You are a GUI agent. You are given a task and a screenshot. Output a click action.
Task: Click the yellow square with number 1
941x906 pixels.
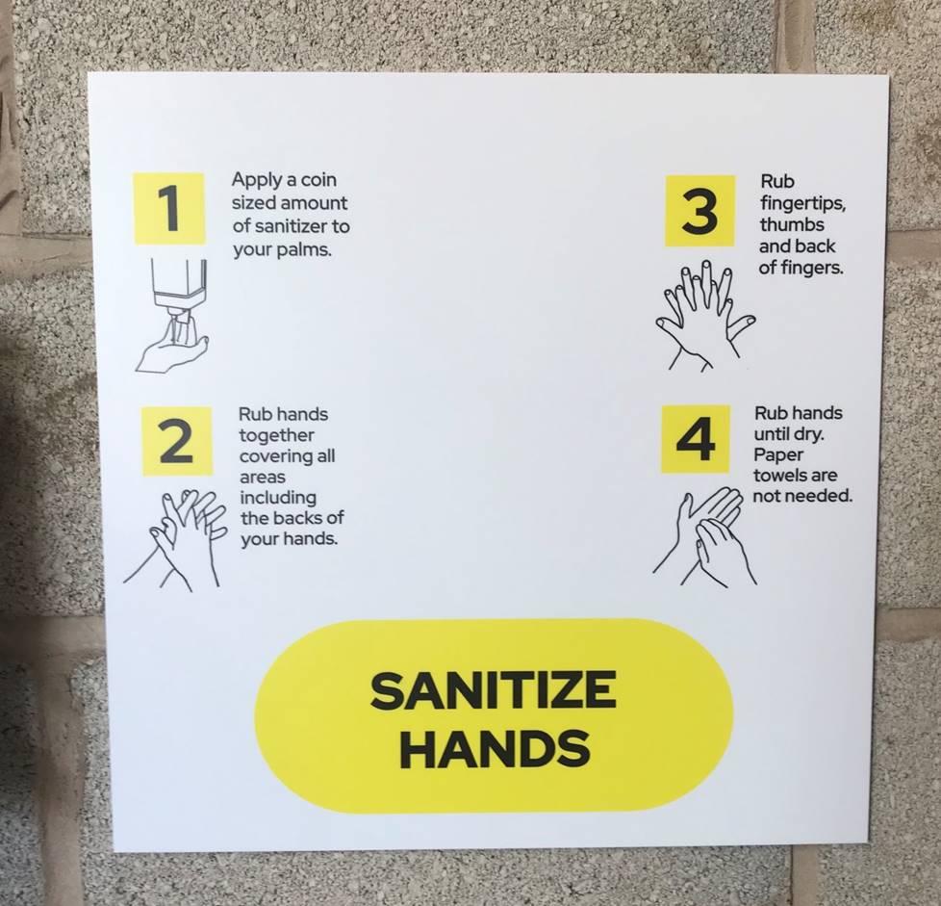pyautogui.click(x=168, y=208)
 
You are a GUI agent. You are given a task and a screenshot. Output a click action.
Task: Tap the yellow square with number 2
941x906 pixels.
pyautogui.click(x=176, y=441)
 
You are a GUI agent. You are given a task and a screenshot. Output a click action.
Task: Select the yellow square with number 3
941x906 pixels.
pyautogui.click(x=699, y=211)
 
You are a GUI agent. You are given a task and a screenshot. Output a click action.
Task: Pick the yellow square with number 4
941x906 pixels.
pyautogui.click(x=696, y=439)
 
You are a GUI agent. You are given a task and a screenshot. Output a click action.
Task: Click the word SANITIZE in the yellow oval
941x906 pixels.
pyautogui.click(x=494, y=690)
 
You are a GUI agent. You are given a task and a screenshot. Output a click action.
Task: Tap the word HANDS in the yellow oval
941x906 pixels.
pyautogui.click(x=495, y=747)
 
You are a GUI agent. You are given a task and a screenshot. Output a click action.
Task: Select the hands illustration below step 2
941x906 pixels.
pyautogui.click(x=175, y=538)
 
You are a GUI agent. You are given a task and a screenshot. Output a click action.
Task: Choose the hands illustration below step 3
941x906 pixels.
pyautogui.click(x=704, y=314)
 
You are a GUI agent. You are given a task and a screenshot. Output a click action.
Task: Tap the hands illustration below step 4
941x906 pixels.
pyautogui.click(x=705, y=536)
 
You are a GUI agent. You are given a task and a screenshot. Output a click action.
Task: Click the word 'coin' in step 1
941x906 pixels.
pyautogui.click(x=318, y=179)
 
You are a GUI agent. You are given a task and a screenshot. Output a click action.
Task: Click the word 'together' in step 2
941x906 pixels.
pyautogui.click(x=277, y=435)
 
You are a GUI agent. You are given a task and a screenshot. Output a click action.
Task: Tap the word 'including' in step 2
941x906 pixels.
pyautogui.click(x=278, y=498)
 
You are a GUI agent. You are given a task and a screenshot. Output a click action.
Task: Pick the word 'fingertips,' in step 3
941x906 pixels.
pyautogui.click(x=803, y=203)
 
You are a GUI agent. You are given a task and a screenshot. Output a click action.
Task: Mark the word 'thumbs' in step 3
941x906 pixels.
pyautogui.click(x=792, y=224)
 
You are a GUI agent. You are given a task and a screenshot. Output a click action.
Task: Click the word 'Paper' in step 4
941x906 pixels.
pyautogui.click(x=778, y=455)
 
